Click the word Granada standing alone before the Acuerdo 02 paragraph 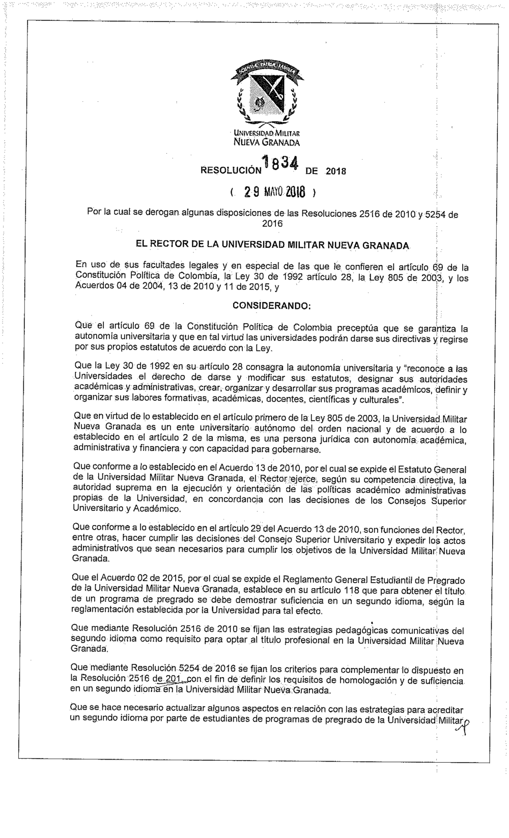point(91,559)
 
